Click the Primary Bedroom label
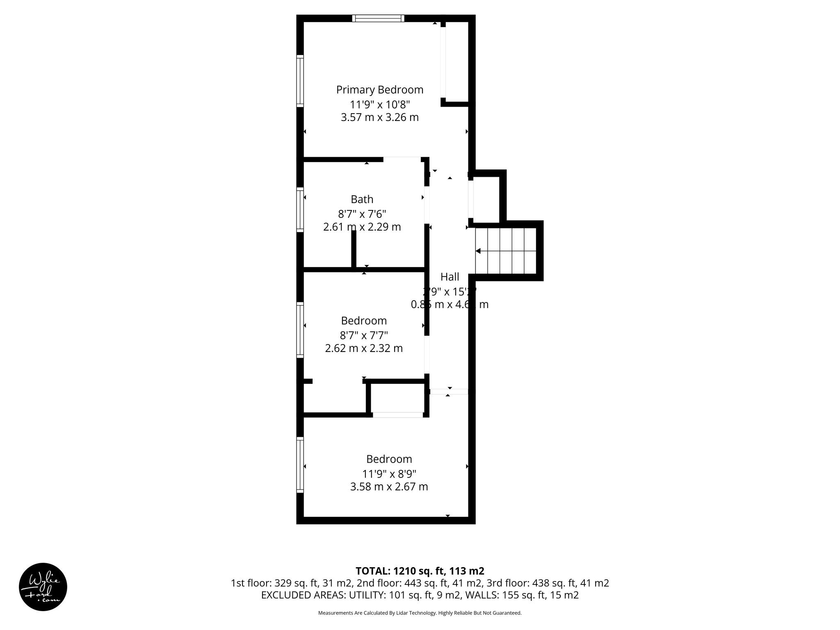click(x=379, y=89)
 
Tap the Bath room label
click(x=362, y=199)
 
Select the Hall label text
click(x=450, y=277)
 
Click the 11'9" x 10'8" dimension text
click(x=379, y=104)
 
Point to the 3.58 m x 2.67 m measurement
click(x=388, y=487)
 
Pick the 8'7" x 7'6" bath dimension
click(x=362, y=214)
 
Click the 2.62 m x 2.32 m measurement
click(x=363, y=348)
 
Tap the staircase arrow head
click(x=478, y=251)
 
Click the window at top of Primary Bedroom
click(x=378, y=18)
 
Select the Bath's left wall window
click(x=300, y=210)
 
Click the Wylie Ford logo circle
click(x=43, y=587)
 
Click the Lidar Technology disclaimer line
click(x=420, y=613)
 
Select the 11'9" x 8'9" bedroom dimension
click(x=388, y=474)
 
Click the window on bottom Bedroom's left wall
click(x=300, y=465)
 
